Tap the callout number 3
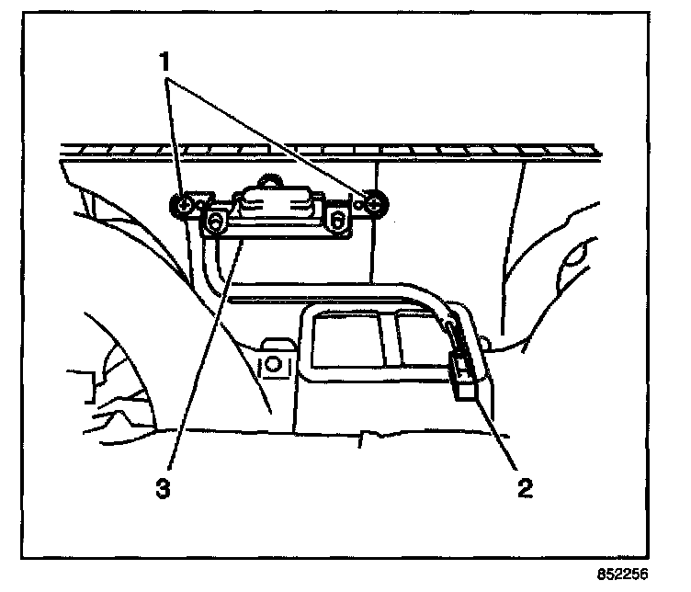click(163, 489)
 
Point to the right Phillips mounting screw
click(375, 203)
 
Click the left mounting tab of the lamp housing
click(218, 221)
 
